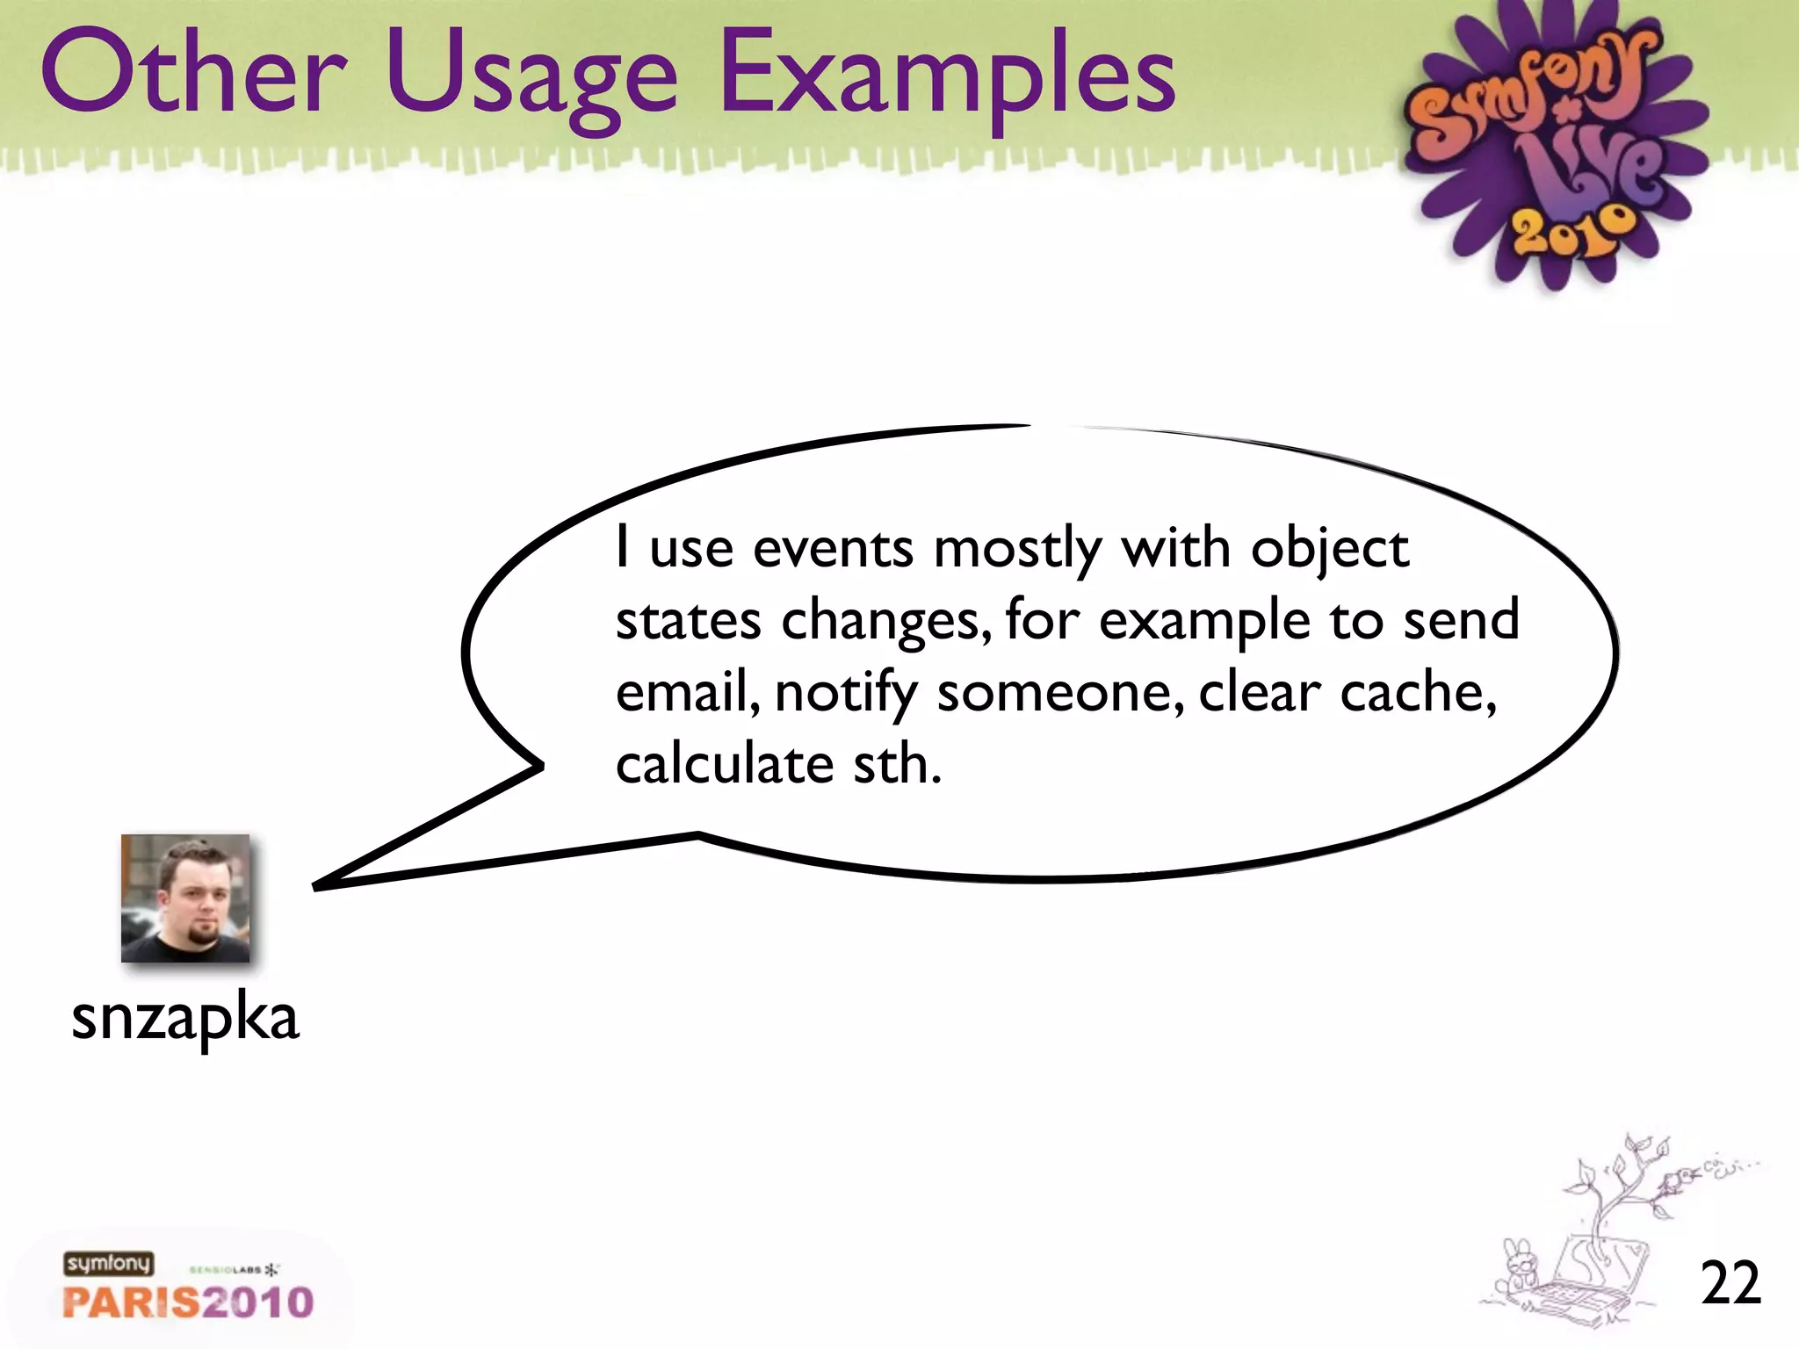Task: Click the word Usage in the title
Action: point(531,79)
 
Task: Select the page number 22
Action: point(1730,1284)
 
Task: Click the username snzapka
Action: point(185,1019)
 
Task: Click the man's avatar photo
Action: point(185,898)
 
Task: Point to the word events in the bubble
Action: point(833,549)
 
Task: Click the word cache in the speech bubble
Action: point(1416,693)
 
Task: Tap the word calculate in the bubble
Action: point(724,764)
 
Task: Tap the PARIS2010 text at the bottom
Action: point(188,1302)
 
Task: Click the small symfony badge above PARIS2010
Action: point(108,1263)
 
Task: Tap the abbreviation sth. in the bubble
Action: point(897,764)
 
